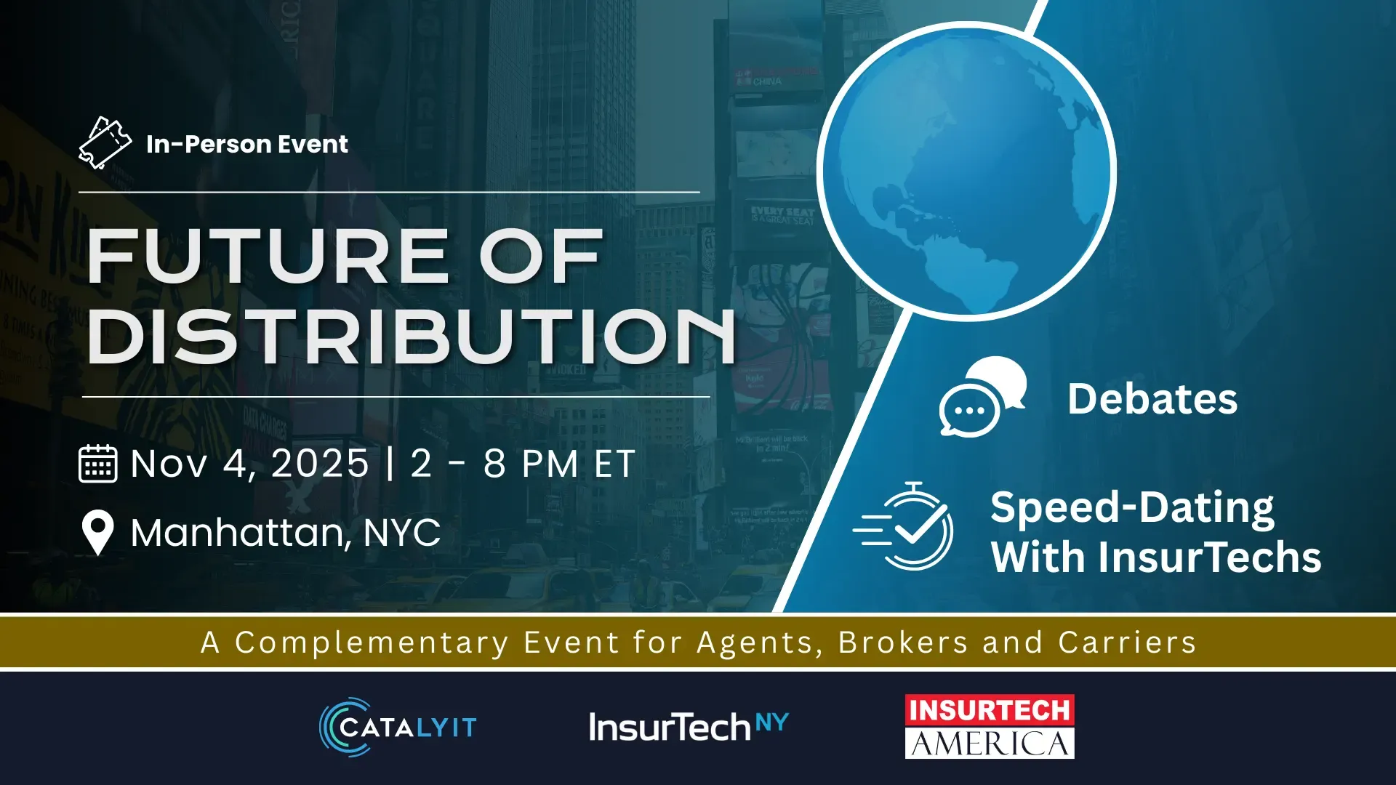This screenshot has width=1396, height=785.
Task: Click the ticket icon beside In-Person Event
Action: [x=105, y=143]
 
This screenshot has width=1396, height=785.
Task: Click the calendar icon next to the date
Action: [x=97, y=464]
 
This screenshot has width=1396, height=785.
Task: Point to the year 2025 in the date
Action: [x=320, y=464]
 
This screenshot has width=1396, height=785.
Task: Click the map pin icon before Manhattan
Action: [x=97, y=533]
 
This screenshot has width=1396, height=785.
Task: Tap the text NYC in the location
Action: [x=401, y=533]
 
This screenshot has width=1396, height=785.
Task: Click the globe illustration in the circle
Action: [x=966, y=172]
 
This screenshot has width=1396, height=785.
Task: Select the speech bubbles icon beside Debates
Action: [x=982, y=397]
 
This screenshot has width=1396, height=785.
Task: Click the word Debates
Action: [x=1152, y=399]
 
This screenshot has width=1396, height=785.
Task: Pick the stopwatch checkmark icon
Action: [x=903, y=526]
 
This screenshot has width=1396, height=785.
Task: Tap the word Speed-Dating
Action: [x=1132, y=507]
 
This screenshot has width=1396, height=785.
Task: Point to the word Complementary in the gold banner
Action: [x=372, y=643]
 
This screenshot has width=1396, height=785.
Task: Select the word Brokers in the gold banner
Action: [x=903, y=643]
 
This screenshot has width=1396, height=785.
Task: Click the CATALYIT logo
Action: [x=398, y=727]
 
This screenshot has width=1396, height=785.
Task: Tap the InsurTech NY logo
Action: [x=689, y=726]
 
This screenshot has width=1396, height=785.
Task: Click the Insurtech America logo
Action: [x=990, y=727]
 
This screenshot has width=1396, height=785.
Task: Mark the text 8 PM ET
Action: [x=560, y=464]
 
